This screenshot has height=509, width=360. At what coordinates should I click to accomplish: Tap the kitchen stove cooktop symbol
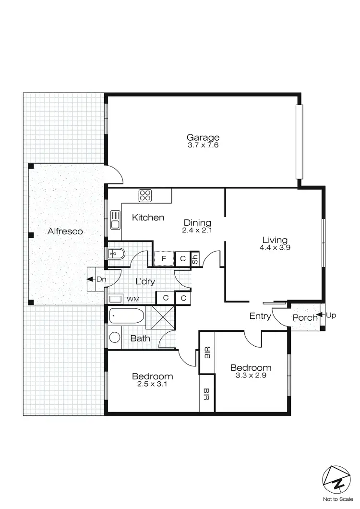[x=145, y=195]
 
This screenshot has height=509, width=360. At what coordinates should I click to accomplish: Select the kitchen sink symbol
[x=115, y=220]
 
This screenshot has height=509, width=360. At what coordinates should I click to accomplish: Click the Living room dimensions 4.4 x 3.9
[x=275, y=248]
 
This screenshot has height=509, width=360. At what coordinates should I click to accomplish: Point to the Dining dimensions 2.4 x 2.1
[x=197, y=230]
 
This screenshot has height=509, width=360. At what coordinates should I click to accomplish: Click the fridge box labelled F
[x=164, y=259]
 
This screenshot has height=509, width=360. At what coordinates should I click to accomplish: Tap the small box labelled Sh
[x=195, y=259]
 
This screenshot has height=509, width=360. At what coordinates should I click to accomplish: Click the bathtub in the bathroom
[x=126, y=316]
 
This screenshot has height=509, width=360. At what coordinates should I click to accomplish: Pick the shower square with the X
[x=160, y=316]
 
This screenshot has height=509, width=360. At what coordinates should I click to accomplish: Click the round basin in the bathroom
[x=115, y=337]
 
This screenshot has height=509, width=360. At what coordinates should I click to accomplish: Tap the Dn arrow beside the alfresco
[x=89, y=279]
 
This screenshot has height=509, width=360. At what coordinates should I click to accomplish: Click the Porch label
[x=305, y=317]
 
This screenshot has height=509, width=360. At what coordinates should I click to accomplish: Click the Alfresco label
[x=65, y=231]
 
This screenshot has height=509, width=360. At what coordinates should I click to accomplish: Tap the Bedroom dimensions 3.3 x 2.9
[x=252, y=376]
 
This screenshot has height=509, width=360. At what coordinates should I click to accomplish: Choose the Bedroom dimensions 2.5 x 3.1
[x=152, y=384]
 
